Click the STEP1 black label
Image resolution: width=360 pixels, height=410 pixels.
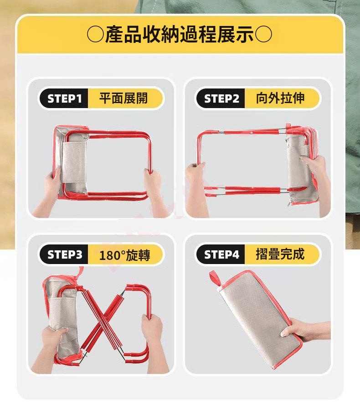click(64, 99)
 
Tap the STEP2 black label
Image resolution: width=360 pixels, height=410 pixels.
click(221, 99)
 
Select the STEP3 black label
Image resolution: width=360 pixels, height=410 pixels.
click(64, 254)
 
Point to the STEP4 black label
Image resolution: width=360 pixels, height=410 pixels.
click(221, 254)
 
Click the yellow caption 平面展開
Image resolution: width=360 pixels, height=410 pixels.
click(123, 99)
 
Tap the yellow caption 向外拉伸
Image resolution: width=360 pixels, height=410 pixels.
click(280, 99)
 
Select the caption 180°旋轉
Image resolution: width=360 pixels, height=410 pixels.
click(124, 255)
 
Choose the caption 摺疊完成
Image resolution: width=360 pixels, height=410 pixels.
click(280, 254)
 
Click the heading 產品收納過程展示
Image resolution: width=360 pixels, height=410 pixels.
click(180, 34)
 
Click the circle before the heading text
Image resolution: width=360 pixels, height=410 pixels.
click(95, 35)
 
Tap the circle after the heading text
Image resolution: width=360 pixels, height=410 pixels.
click(263, 35)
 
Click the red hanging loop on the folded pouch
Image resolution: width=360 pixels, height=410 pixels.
click(215, 278)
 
